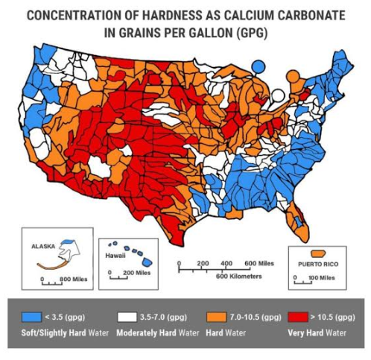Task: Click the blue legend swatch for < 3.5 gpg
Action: (32, 315)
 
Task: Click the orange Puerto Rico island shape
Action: (323, 252)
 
